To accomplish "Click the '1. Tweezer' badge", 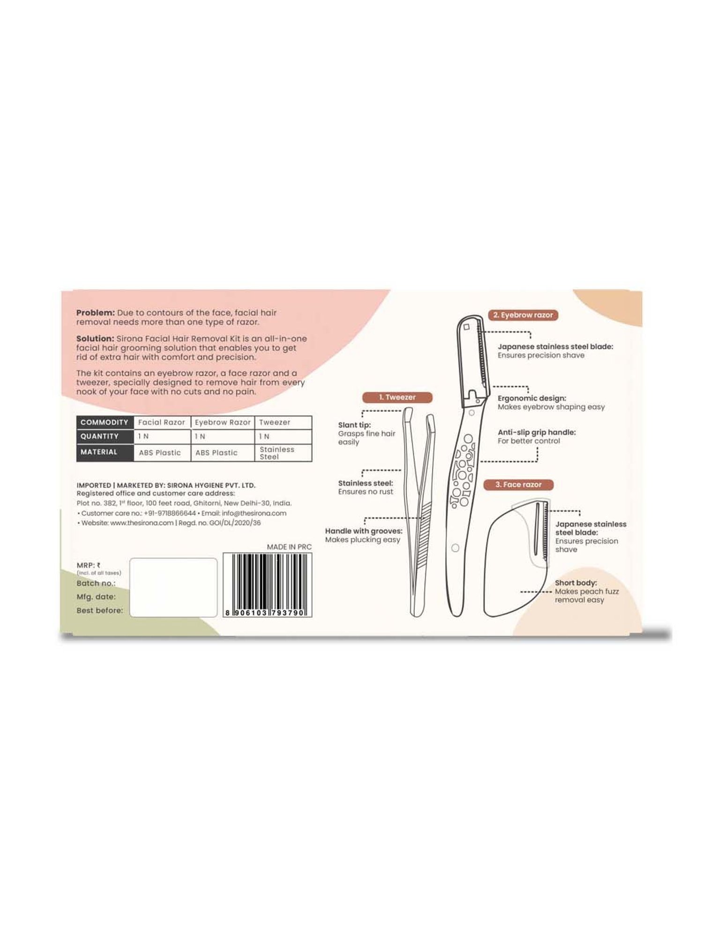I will tap(397, 397).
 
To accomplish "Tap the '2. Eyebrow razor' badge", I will tap(523, 315).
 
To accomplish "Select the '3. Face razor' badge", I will tap(518, 484).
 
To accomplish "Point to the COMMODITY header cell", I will tap(105, 422).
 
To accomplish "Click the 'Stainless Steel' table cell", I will tap(277, 453).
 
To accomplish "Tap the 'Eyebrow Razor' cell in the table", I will tap(223, 422).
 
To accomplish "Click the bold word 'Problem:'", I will tap(96, 312).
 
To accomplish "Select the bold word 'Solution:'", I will tap(96, 338).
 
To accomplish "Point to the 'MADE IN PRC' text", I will tap(289, 547).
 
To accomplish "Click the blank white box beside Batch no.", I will tap(173, 587).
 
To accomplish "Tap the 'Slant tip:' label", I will tap(354, 425).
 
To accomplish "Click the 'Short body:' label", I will tap(576, 582).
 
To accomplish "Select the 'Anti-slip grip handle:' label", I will tap(537, 432).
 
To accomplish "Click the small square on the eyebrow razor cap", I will tap(466, 327).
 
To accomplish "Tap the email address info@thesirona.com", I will tap(254, 513).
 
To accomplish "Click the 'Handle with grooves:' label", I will tap(364, 531).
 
